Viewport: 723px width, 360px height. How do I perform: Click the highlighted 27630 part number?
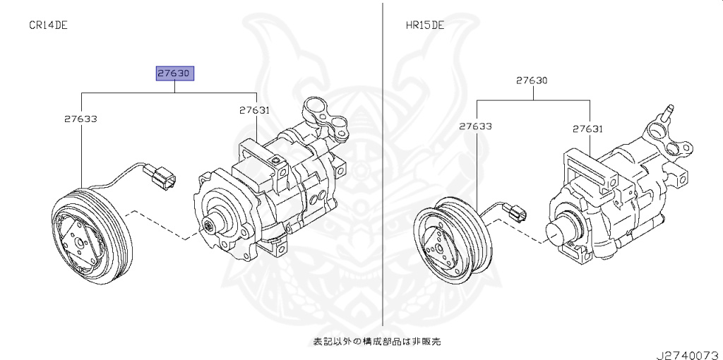pos(175,73)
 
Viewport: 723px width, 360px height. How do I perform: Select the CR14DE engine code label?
pos(48,25)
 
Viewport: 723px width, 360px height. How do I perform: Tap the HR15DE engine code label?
pos(424,25)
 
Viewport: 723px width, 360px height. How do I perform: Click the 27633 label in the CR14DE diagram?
pos(81,119)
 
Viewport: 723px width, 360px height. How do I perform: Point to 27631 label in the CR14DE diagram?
pos(254,110)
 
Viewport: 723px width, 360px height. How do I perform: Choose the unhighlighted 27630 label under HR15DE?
pos(531,80)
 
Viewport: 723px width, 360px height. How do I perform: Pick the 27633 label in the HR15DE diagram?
pos(475,127)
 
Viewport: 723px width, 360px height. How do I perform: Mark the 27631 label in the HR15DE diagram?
pos(587,128)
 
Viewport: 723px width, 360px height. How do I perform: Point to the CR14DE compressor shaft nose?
pos(210,226)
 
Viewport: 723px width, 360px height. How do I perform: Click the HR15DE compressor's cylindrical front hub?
pos(565,234)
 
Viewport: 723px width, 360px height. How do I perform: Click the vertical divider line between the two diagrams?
pos(382,176)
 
